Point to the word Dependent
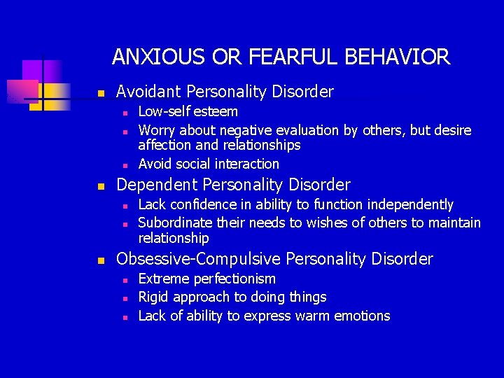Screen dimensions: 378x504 154,185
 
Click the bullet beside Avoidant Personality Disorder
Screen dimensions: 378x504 101,93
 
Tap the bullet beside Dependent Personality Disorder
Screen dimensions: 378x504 101,186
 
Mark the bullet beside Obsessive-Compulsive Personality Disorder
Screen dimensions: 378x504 101,260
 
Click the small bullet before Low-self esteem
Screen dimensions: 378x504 123,113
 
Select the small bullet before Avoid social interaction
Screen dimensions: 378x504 123,165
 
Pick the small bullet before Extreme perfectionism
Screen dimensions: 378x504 123,280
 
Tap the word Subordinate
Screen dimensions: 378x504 173,223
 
